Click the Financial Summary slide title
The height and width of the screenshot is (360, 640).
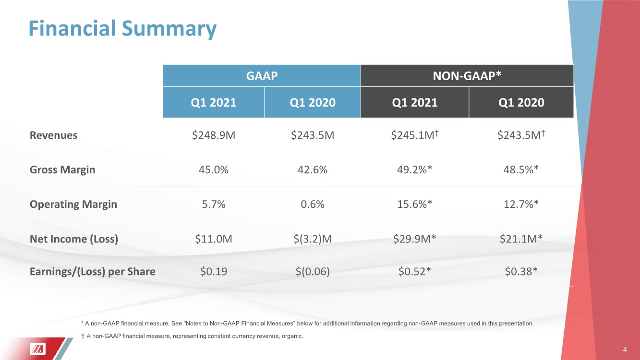(122, 28)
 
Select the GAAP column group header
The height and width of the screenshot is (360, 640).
(262, 75)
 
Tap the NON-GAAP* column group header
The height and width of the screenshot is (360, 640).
(467, 75)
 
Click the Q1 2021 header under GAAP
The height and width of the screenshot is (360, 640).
(214, 102)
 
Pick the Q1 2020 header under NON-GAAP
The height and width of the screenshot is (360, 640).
(521, 102)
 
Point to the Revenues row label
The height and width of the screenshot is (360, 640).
(53, 135)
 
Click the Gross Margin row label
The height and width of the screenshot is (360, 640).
(62, 169)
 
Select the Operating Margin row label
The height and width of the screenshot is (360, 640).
(73, 204)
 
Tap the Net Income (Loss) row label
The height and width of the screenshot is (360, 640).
(74, 239)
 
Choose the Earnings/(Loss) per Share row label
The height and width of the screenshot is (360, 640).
(93, 272)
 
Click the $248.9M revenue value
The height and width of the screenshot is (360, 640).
(214, 135)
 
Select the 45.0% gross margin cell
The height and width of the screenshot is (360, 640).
(214, 169)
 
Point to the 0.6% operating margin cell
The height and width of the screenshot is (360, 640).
(313, 204)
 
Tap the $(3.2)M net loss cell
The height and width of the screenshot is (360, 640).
(313, 239)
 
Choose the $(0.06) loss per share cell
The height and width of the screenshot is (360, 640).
(313, 272)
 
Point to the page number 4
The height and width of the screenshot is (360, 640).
(625, 349)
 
